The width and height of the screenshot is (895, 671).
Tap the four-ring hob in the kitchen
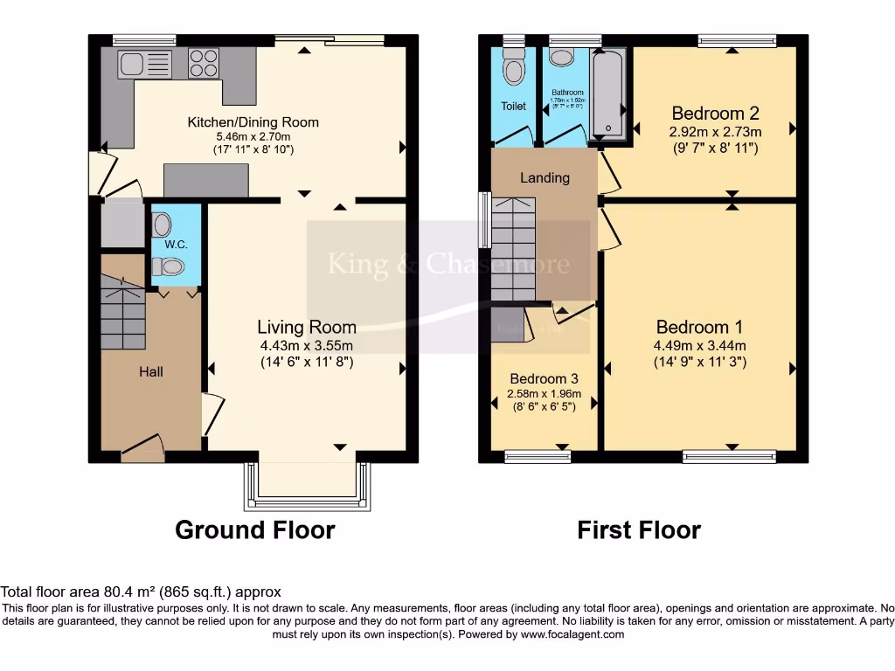point(204,63)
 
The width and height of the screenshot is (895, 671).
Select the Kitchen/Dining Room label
point(253,122)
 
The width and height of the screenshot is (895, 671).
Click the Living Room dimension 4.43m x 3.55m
point(306,345)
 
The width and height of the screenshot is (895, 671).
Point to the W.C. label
point(176,244)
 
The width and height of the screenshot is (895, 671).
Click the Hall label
point(151,371)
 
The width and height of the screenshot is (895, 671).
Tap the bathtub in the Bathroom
point(607,93)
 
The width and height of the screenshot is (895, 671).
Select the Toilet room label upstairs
point(514,107)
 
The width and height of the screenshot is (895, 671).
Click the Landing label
point(545,177)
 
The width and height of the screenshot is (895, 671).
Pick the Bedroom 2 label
point(715,113)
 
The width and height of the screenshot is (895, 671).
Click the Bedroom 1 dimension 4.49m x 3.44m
point(700,345)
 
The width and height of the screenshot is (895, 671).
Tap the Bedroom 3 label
point(544,378)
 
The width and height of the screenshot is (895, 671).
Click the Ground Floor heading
point(255,530)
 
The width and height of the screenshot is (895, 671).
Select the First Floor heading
point(639,530)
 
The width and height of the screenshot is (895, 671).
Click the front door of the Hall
point(142,449)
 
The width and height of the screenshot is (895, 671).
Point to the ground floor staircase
point(122,310)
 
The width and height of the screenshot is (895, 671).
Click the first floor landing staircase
point(513,248)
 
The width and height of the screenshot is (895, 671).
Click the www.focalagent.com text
point(572,634)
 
